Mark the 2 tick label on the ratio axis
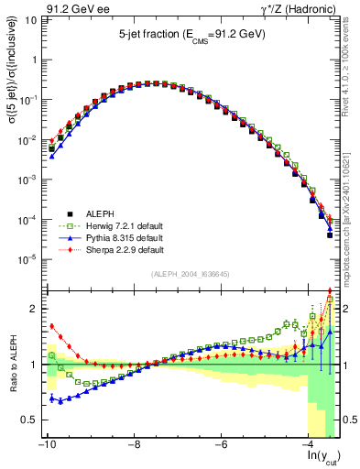tap(33, 309)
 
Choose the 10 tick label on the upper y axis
tap(29, 19)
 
